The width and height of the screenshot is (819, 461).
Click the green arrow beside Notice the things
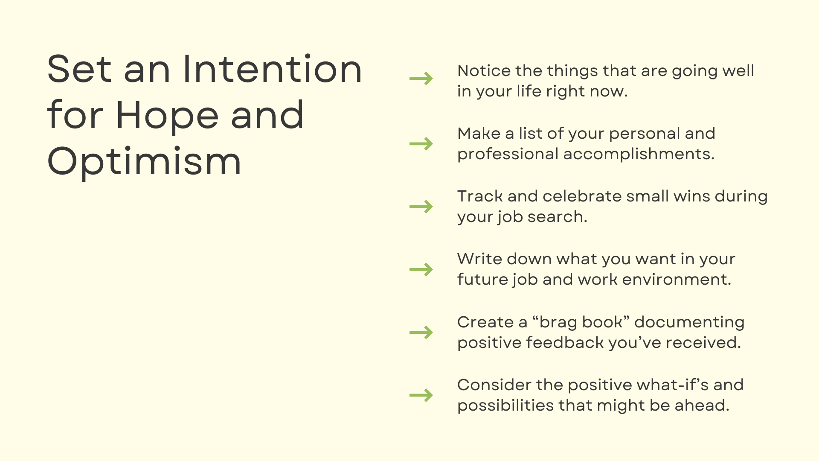tap(421, 79)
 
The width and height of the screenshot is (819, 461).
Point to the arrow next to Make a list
tap(421, 144)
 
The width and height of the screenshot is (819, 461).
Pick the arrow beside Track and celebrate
tap(421, 207)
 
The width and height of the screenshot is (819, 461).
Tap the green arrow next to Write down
tap(421, 269)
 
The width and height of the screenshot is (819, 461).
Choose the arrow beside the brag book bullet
tap(421, 332)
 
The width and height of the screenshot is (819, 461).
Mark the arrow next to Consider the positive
tap(421, 395)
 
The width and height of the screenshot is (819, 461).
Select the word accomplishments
tap(639, 154)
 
